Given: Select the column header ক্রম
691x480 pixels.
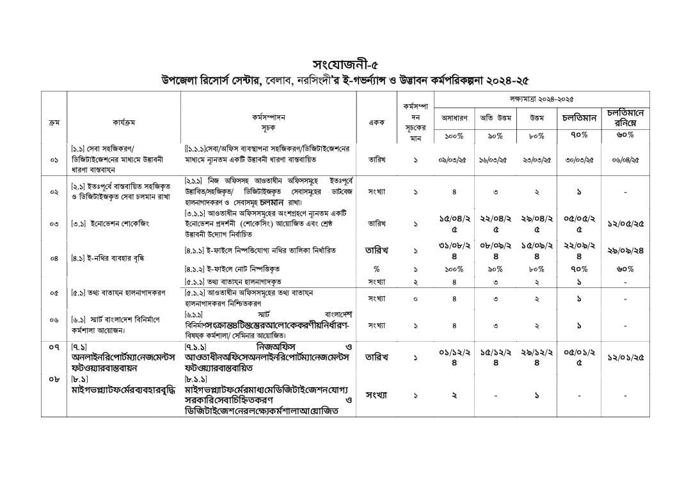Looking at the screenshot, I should (x=54, y=122).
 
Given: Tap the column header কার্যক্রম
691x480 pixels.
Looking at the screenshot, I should (x=123, y=122).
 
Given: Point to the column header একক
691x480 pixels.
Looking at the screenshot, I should (x=376, y=122).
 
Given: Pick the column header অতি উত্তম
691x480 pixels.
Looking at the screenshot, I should (x=496, y=117).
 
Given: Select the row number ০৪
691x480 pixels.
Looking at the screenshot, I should (x=54, y=259).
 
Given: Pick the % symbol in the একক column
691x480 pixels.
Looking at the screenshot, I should (x=376, y=269).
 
